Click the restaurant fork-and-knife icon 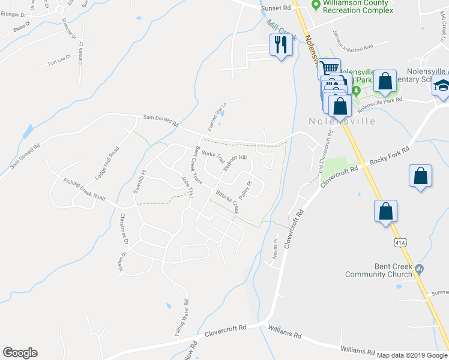pos(280,44)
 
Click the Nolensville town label pos(342,121)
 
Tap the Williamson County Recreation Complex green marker pos(315,6)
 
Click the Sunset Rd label pos(276,8)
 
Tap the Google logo pos(20,353)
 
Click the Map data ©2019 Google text pos(412,355)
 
